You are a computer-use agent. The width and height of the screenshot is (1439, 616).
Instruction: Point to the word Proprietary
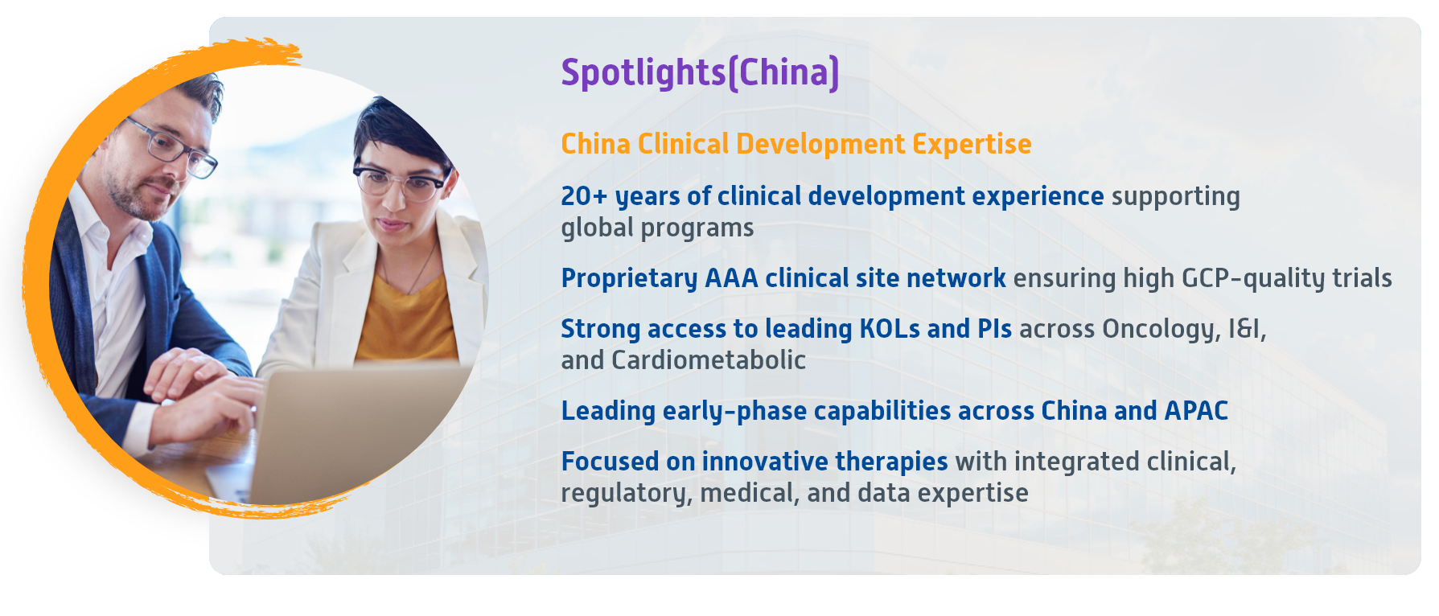click(x=629, y=279)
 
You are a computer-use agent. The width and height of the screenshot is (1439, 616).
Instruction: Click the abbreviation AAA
click(x=731, y=278)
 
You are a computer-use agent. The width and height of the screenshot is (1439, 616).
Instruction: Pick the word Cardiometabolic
click(x=709, y=360)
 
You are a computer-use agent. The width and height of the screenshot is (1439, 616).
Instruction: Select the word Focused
click(x=610, y=462)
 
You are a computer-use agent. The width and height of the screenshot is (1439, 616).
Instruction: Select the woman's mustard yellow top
click(x=406, y=318)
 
